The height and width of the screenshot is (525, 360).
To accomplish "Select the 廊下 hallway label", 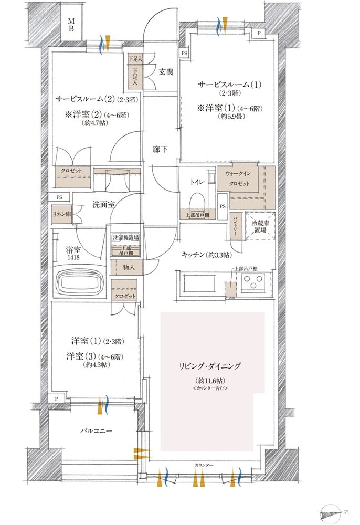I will pos(161,150).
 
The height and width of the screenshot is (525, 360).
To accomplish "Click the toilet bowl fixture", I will pos(197,202).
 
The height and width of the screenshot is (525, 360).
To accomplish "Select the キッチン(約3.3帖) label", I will pos(206,255).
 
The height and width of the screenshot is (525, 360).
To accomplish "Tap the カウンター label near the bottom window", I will pos(204,466).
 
